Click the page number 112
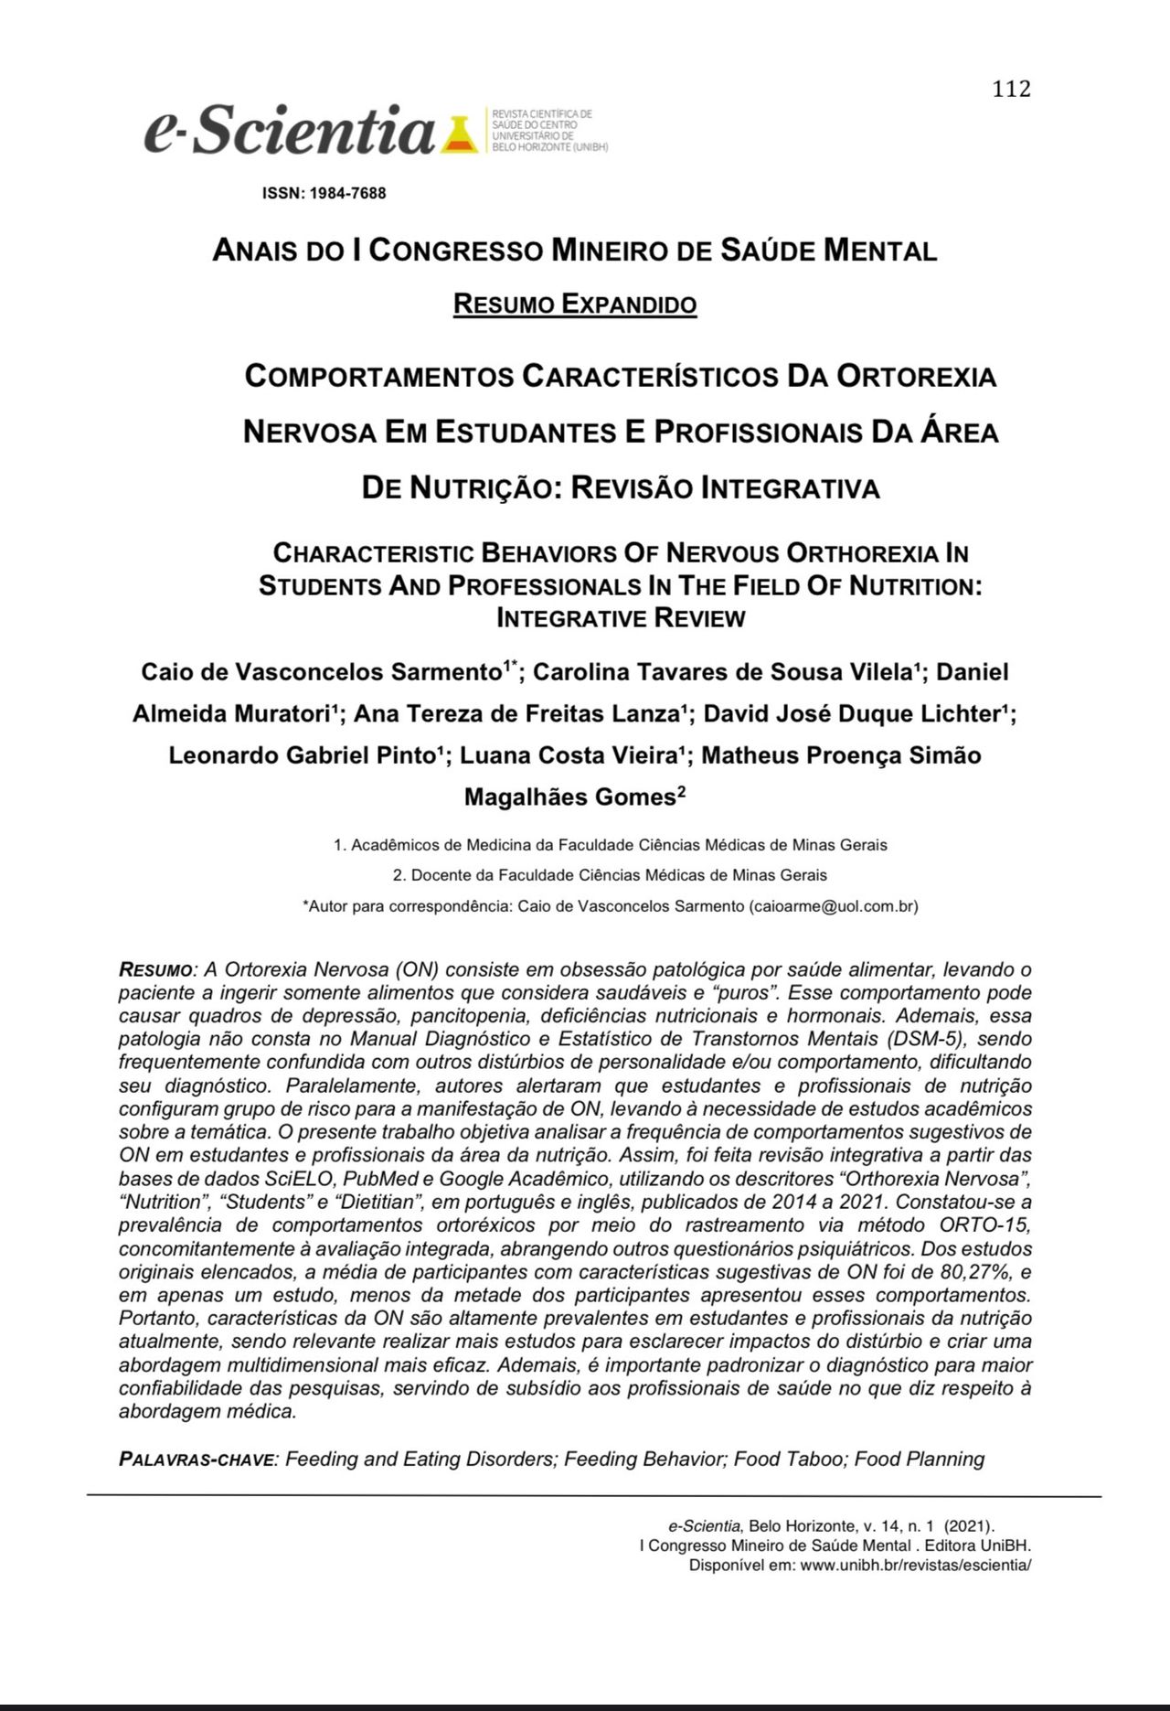(1011, 89)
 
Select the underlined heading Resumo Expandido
(575, 304)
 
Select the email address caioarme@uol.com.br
(833, 906)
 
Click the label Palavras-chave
(197, 1460)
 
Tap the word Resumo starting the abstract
(154, 969)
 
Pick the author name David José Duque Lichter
(855, 713)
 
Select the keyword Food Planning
(920, 1459)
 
